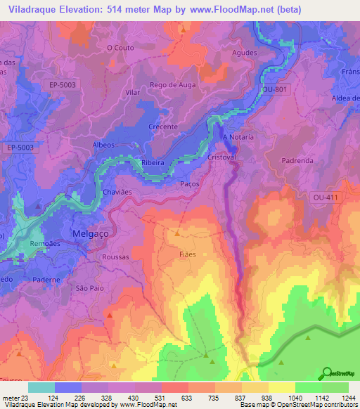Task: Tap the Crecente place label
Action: (163, 126)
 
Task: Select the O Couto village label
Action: (120, 48)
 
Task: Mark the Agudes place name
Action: (244, 53)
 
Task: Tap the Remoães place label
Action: (46, 243)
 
